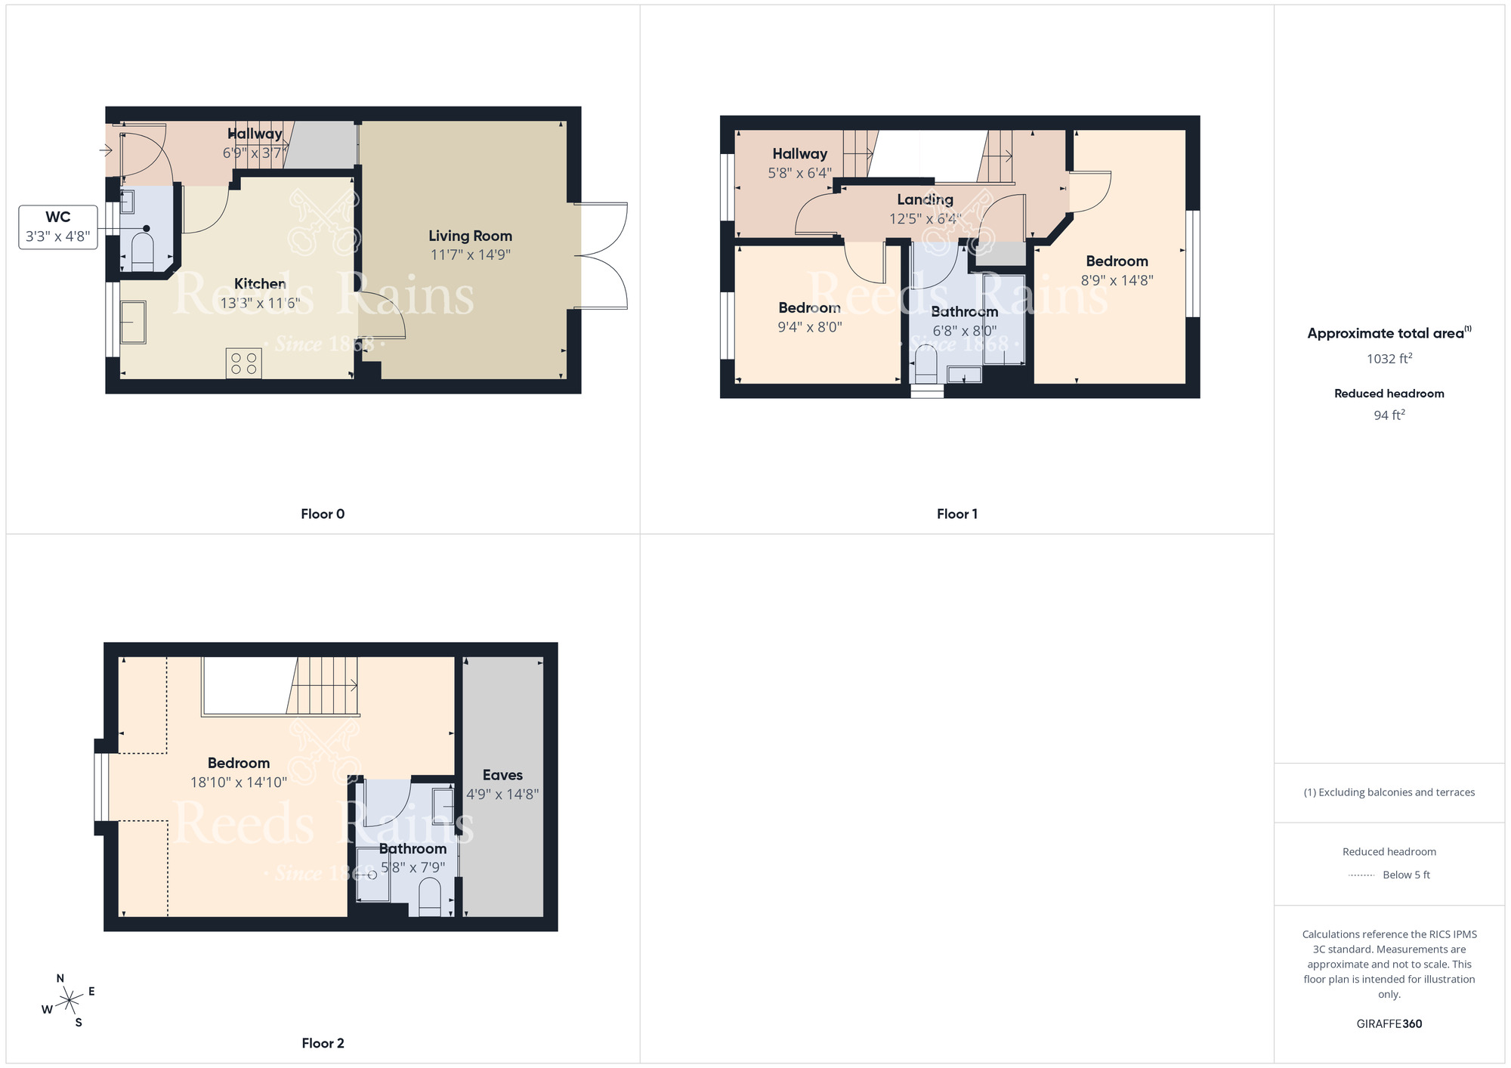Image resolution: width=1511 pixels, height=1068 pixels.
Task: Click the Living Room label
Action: pyautogui.click(x=470, y=236)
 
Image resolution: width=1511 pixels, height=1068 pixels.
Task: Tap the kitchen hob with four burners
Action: pyautogui.click(x=243, y=363)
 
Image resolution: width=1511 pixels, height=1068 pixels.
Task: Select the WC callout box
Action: pyautogui.click(x=58, y=227)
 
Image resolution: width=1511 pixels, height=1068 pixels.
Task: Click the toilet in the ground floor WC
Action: pyautogui.click(x=143, y=250)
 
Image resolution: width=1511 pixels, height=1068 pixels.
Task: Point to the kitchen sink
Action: pyautogui.click(x=133, y=322)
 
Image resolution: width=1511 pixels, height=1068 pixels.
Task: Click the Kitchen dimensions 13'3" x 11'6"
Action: pyautogui.click(x=260, y=304)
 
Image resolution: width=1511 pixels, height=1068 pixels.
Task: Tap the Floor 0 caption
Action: pyautogui.click(x=323, y=514)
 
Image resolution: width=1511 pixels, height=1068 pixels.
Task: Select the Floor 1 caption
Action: pyautogui.click(x=956, y=514)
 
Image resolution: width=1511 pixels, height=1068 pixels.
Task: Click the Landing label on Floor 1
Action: pyautogui.click(x=925, y=199)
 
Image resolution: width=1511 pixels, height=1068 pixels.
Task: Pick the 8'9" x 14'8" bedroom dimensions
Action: pyautogui.click(x=1117, y=280)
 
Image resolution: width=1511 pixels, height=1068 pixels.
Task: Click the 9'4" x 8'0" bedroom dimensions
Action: pyautogui.click(x=809, y=327)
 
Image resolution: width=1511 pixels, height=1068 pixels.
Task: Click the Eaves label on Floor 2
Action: pyautogui.click(x=502, y=775)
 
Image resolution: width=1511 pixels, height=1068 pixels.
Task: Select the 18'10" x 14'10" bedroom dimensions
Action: pyautogui.click(x=238, y=782)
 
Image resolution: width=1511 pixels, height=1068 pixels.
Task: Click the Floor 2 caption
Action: pyautogui.click(x=323, y=1043)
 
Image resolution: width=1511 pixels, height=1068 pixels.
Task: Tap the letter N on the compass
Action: pyautogui.click(x=60, y=978)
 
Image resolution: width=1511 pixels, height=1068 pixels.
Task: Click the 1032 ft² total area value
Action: pyautogui.click(x=1389, y=359)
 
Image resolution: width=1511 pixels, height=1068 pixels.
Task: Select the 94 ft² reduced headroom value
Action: pyautogui.click(x=1389, y=415)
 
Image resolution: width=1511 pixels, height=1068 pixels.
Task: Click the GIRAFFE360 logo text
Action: pyautogui.click(x=1389, y=1024)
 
